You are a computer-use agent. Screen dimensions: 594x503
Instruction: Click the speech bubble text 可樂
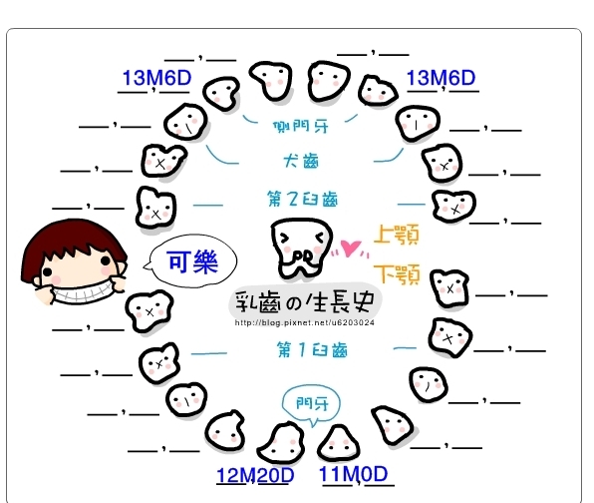tap(192, 261)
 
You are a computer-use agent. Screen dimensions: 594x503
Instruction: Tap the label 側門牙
tap(301, 127)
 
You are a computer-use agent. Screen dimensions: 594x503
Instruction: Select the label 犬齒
tap(301, 161)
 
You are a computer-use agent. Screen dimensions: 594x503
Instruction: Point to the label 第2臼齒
tap(302, 200)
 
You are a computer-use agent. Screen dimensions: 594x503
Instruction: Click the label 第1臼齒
tap(312, 349)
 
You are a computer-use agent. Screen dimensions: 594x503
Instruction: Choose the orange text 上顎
tap(397, 234)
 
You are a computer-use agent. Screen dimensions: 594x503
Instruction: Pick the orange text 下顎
tap(397, 273)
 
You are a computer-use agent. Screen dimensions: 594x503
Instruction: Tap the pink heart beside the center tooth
tap(350, 248)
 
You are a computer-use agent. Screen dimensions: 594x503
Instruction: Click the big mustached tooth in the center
tap(301, 248)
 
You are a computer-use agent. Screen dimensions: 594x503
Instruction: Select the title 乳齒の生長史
tap(305, 302)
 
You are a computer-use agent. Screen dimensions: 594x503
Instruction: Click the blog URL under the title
tap(305, 322)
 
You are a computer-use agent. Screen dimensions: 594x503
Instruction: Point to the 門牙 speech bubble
tap(311, 405)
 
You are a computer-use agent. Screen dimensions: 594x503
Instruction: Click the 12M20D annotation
tap(255, 475)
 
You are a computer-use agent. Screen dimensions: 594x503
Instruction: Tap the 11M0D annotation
tap(354, 474)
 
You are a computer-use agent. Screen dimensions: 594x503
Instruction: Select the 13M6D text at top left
tap(156, 78)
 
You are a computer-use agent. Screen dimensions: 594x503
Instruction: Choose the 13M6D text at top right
tap(441, 78)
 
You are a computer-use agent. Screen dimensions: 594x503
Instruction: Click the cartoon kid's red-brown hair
tap(73, 238)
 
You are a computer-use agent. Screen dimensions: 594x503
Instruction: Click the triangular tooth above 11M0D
tap(338, 443)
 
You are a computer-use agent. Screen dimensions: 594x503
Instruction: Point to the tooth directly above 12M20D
tap(281, 442)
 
